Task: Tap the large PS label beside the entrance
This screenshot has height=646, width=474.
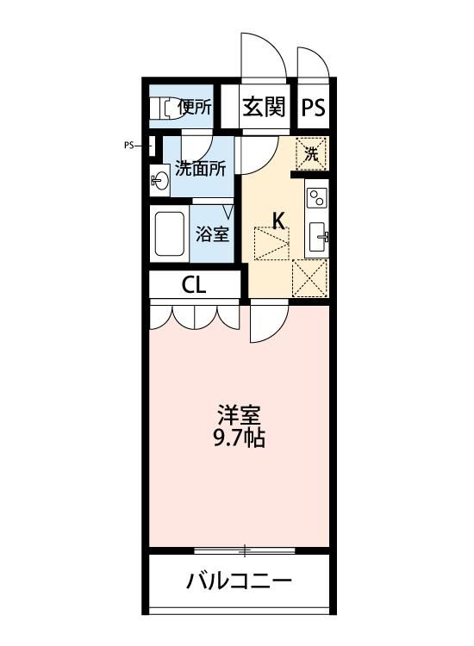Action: pyautogui.click(x=314, y=109)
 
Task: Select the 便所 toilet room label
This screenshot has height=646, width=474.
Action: pyautogui.click(x=194, y=108)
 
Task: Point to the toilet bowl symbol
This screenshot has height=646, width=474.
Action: pyautogui.click(x=161, y=108)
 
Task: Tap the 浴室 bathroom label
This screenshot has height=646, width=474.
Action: pyautogui.click(x=211, y=233)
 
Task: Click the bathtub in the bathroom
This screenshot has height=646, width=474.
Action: pyautogui.click(x=170, y=233)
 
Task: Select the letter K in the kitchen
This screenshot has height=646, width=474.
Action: pyautogui.click(x=278, y=221)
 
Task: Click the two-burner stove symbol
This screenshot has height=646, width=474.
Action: pyautogui.click(x=315, y=197)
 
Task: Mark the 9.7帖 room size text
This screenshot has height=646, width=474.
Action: pyautogui.click(x=239, y=438)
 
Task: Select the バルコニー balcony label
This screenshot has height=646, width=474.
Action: pyautogui.click(x=239, y=581)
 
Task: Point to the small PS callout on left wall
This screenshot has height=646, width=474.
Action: pyautogui.click(x=129, y=146)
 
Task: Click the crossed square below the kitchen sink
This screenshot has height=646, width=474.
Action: pyautogui.click(x=310, y=277)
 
